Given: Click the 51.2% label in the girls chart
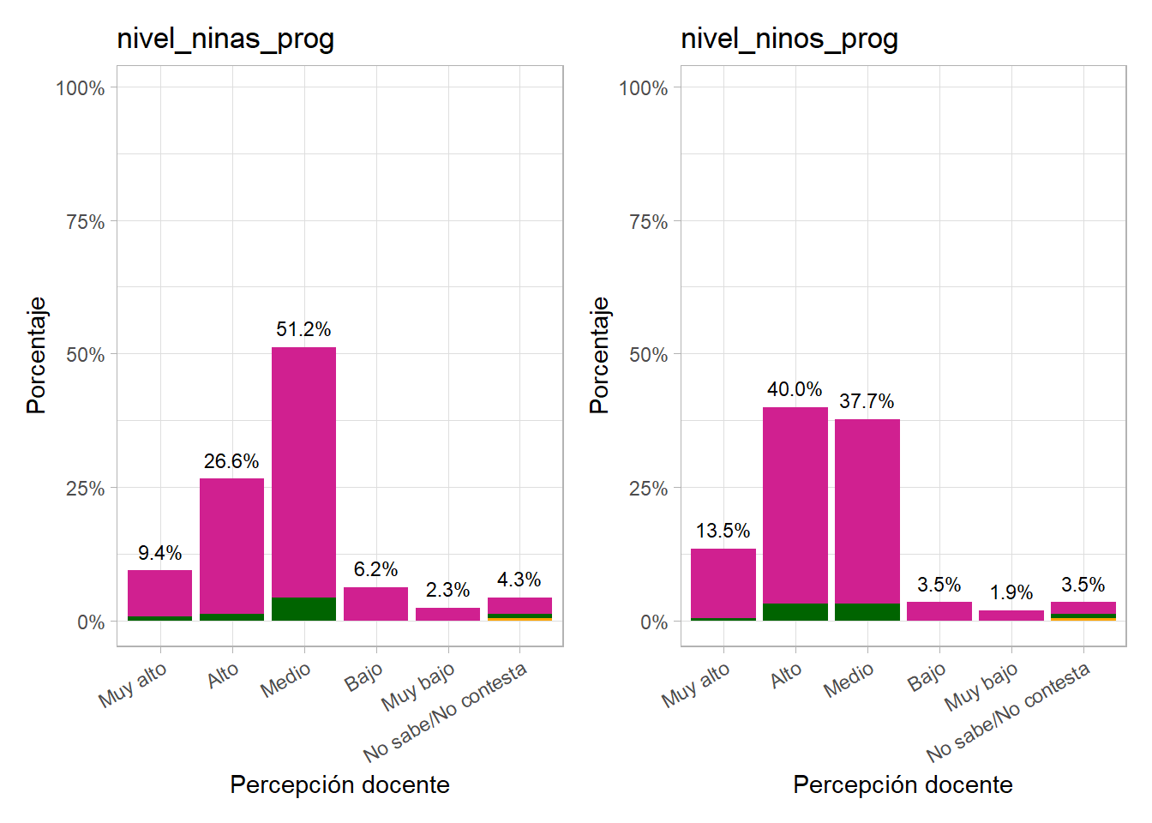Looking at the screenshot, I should (x=303, y=329).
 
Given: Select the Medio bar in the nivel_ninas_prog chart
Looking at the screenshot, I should (x=303, y=472).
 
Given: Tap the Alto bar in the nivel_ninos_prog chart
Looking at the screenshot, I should (x=795, y=506).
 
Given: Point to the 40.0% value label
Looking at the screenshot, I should (x=795, y=389).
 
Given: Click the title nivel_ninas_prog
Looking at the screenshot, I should (x=225, y=39).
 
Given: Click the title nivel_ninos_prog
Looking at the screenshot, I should (x=789, y=39).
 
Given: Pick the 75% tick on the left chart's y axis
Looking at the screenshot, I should (x=85, y=222).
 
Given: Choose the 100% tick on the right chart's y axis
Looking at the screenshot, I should (x=643, y=88).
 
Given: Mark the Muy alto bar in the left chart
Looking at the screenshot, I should (x=159, y=593).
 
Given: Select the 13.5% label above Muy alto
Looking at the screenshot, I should (x=723, y=531).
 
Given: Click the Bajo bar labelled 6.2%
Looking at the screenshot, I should (x=375, y=604).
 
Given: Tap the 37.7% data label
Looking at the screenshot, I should (x=867, y=401).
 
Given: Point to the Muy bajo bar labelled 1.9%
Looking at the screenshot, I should (x=1011, y=616).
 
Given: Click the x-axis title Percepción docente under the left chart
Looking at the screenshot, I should (x=339, y=784).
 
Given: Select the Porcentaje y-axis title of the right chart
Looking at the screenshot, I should (x=599, y=355).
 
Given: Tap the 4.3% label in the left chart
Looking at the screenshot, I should (x=519, y=580).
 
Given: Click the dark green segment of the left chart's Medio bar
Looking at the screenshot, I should (x=303, y=609).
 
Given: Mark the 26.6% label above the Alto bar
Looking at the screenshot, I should (x=231, y=461).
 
